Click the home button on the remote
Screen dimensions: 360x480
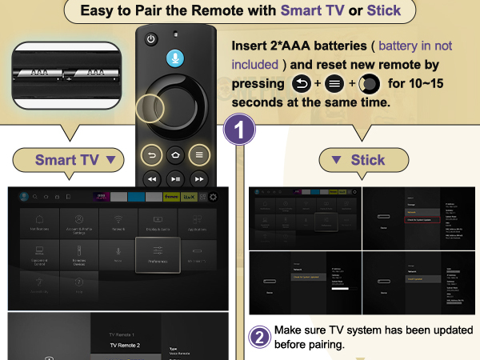tap(176, 154)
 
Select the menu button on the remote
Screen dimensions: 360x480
tap(200, 154)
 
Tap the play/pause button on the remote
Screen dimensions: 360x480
tap(176, 178)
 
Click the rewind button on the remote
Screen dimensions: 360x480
tap(152, 178)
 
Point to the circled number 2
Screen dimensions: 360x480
tap(260, 337)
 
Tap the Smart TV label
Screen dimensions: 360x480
tap(72, 160)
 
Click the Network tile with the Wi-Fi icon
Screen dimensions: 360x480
tap(118, 223)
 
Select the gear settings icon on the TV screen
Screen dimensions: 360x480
tap(214, 196)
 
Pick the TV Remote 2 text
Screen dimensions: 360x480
tap(125, 345)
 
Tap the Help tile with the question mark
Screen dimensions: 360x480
tap(79, 286)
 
